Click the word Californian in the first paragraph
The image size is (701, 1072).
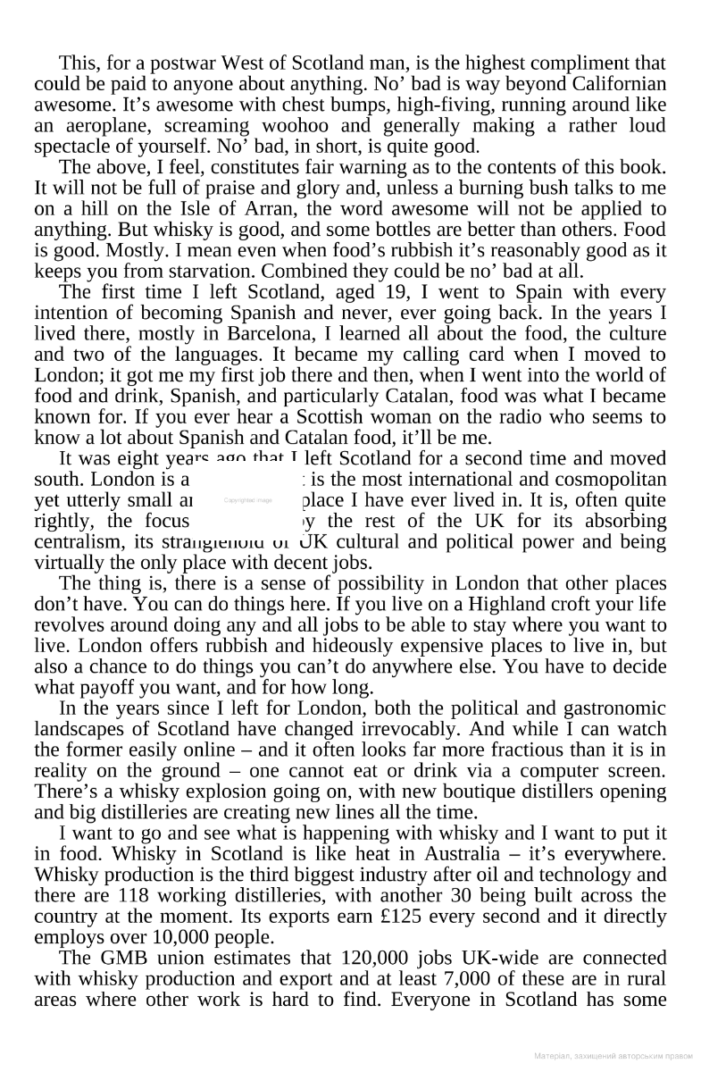pyautogui.click(x=618, y=84)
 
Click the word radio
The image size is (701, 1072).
pyautogui.click(x=507, y=416)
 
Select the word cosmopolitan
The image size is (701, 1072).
pyautogui.click(x=613, y=479)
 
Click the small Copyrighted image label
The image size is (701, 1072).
pyautogui.click(x=248, y=501)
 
